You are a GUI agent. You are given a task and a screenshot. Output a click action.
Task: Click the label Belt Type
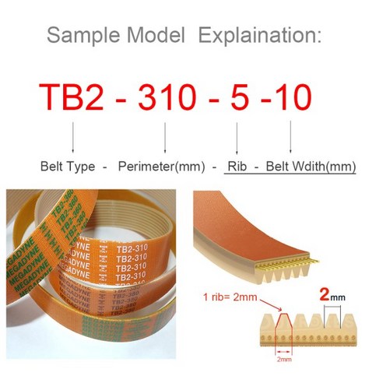[x=66, y=167]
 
